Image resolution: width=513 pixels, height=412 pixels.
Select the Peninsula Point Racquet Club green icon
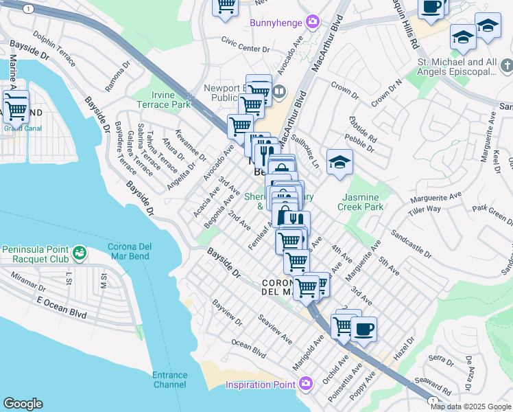coord(80,253)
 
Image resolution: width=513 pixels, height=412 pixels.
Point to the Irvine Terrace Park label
coord(170,100)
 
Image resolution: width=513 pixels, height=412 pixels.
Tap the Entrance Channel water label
coord(169,380)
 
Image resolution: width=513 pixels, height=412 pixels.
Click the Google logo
coord(23,404)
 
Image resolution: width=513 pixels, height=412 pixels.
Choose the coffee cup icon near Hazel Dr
coord(363,329)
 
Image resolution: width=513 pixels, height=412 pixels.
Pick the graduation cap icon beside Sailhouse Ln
coord(339,163)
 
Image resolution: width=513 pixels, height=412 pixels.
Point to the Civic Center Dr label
coord(245,49)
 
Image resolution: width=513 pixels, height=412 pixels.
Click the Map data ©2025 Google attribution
coord(470,407)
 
